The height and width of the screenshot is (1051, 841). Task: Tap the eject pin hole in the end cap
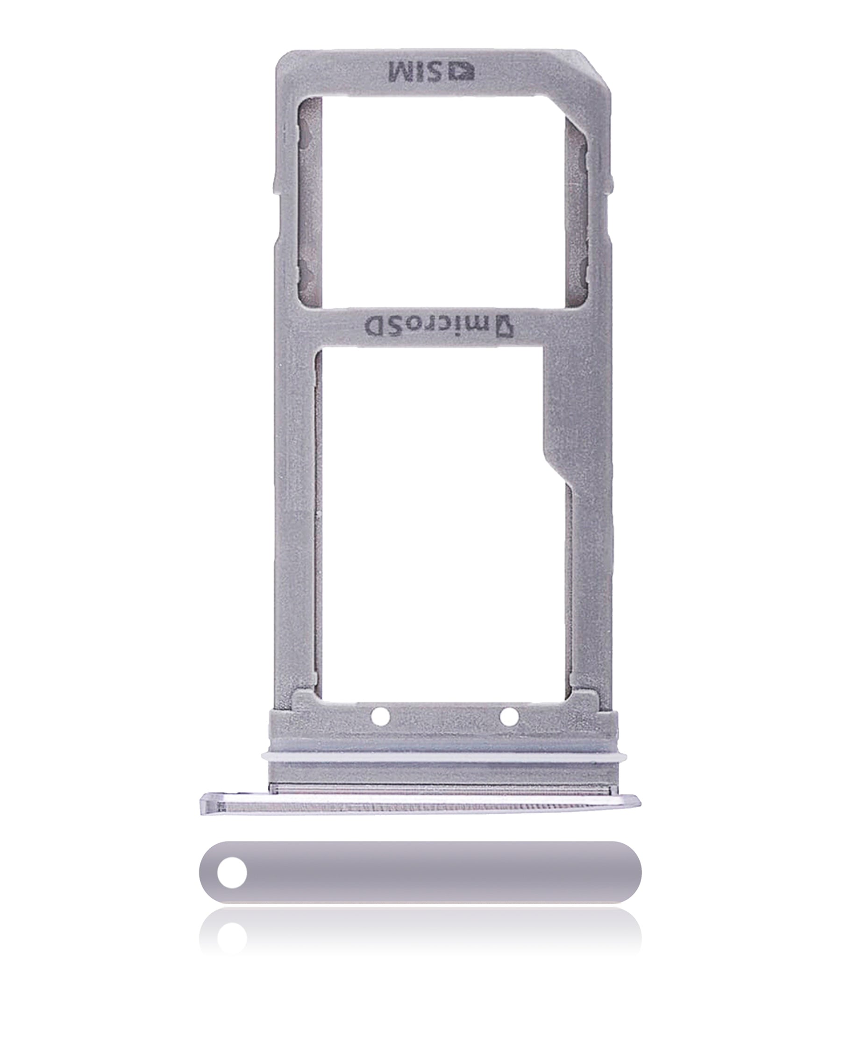pyautogui.click(x=232, y=872)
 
